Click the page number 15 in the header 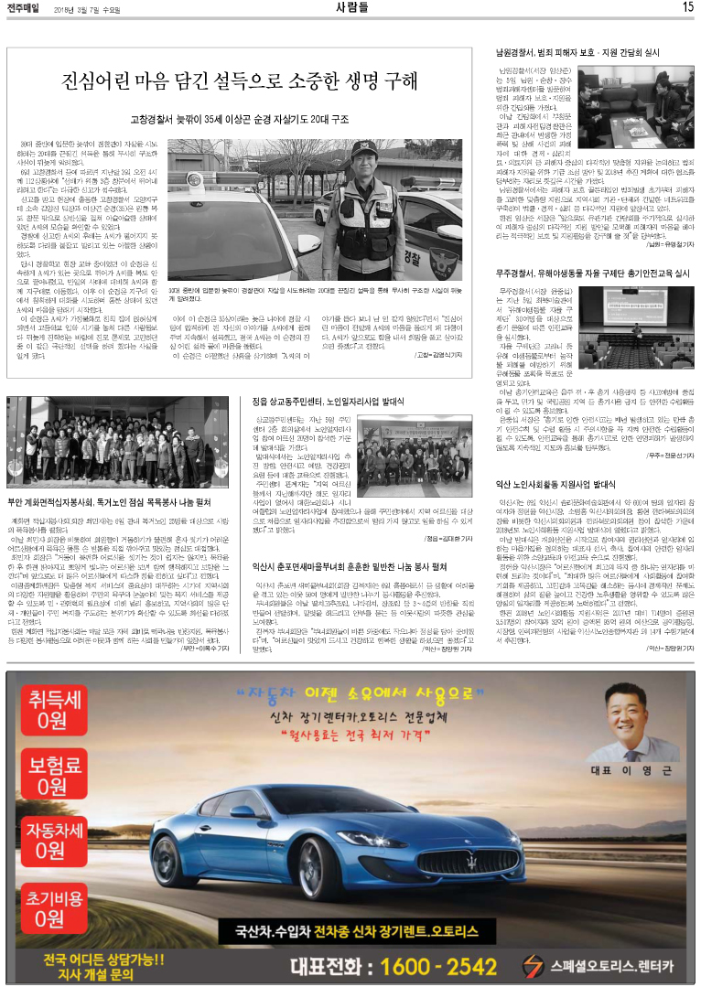pyautogui.click(x=686, y=7)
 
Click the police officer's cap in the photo pyautogui.click(x=362, y=147)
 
